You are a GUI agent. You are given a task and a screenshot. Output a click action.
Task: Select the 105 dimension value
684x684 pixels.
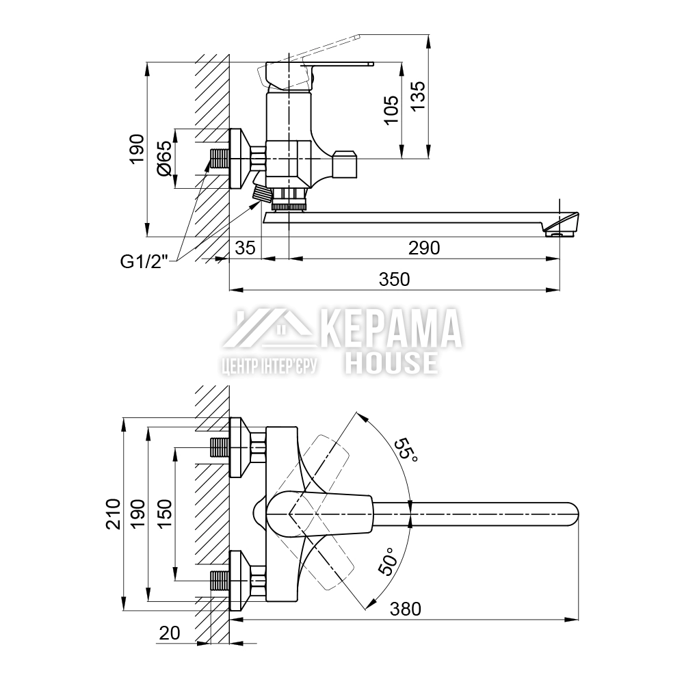point(391,110)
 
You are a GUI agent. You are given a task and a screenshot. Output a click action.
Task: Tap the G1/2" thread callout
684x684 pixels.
point(144,262)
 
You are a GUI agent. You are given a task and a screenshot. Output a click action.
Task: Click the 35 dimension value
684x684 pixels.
point(245,248)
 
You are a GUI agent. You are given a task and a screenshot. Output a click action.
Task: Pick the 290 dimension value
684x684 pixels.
point(424,248)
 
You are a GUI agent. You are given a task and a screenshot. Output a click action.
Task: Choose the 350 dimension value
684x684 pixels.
point(395,279)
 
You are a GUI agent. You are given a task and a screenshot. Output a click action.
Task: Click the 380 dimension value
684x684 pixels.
point(405,609)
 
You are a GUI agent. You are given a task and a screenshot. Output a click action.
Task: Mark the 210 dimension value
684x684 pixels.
point(113,514)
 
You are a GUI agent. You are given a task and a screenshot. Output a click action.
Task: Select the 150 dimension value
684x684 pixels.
point(165,514)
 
